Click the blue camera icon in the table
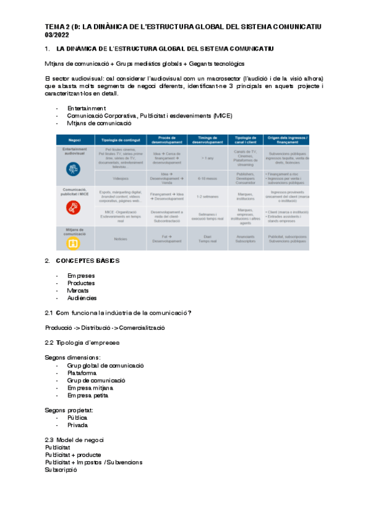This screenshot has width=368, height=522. (72, 167)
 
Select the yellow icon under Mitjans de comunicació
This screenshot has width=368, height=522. (72, 243)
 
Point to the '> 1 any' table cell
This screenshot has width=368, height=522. (207, 158)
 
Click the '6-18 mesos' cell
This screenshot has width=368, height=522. (207, 178)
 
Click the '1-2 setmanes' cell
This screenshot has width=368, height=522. (207, 196)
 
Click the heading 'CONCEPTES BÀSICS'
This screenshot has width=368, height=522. (87, 260)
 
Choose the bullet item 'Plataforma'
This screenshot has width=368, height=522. (81, 372)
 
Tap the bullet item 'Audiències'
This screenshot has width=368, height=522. (82, 298)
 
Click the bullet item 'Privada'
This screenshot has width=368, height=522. (77, 425)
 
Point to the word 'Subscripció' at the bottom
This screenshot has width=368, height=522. (61, 470)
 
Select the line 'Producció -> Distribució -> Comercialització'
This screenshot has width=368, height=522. (105, 327)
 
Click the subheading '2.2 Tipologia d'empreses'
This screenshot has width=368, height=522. (82, 342)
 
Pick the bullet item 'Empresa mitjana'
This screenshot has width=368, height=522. (90, 388)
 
